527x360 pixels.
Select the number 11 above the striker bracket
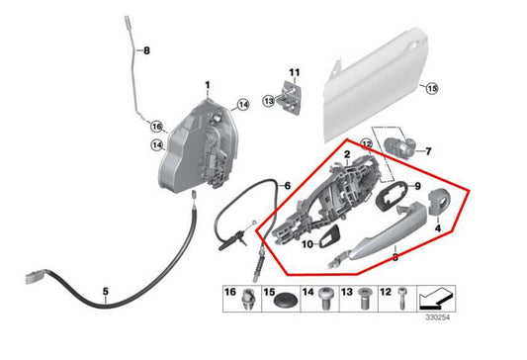tap(293, 72)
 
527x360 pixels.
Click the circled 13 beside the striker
tap(268, 101)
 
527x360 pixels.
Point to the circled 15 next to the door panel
tap(430, 89)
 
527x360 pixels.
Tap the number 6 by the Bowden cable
tap(287, 184)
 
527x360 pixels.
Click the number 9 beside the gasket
tap(416, 186)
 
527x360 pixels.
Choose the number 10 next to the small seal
tap(307, 243)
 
